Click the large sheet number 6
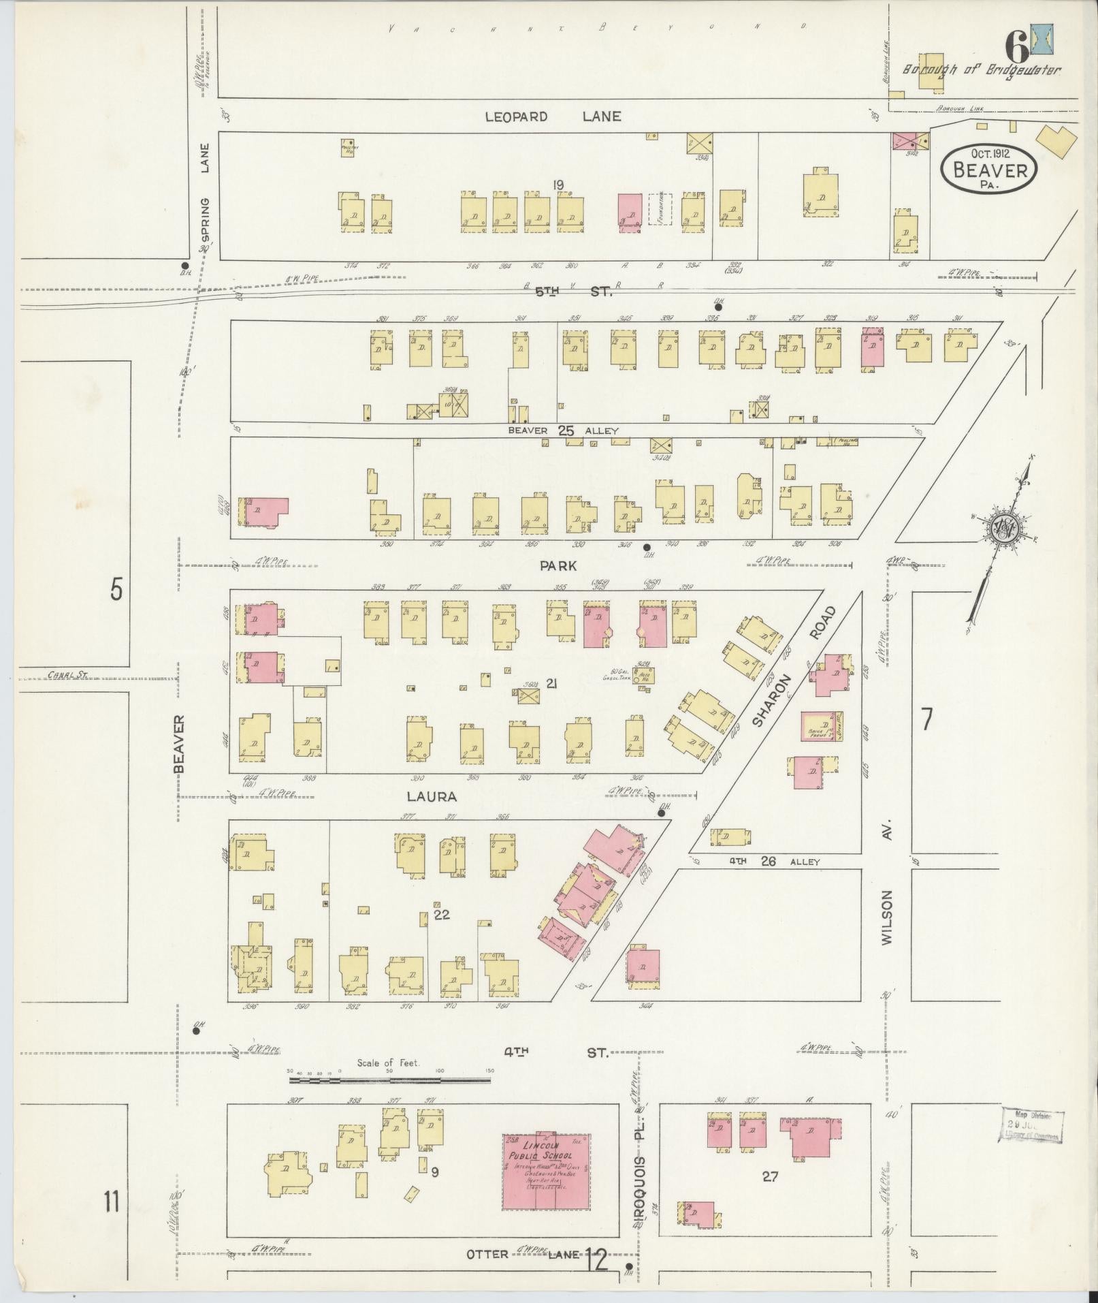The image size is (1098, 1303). point(1016,50)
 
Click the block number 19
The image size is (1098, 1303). point(559,184)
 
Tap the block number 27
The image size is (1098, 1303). point(770,1176)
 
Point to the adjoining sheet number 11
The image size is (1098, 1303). point(112,1202)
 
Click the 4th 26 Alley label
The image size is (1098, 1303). point(774,862)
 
